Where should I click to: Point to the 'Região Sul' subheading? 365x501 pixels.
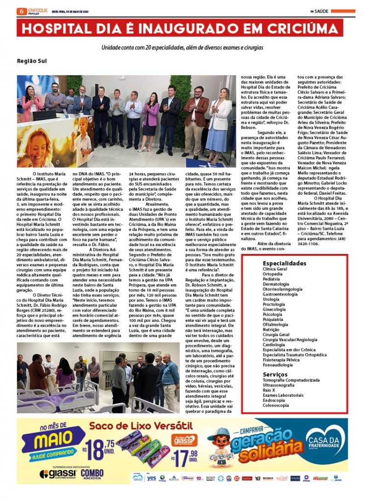tap(32, 62)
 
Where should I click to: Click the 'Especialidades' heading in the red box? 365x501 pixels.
tap(285, 263)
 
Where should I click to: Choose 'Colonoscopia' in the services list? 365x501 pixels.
tap(276, 405)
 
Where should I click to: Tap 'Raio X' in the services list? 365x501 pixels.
tap(269, 390)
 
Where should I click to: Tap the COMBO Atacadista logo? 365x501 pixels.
tap(92, 474)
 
